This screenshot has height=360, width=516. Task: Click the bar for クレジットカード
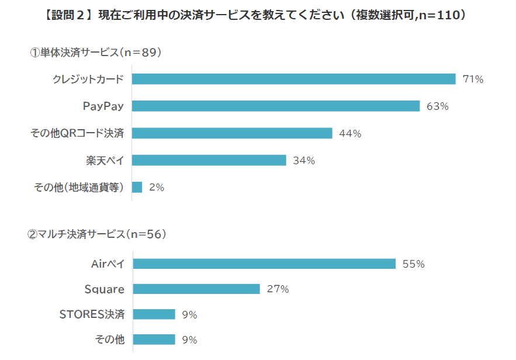click(x=293, y=79)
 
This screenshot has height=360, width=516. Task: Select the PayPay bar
click(x=276, y=106)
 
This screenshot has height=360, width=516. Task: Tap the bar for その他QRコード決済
click(x=232, y=133)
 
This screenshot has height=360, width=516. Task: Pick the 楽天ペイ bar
click(x=209, y=160)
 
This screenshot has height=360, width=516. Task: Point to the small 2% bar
click(x=137, y=187)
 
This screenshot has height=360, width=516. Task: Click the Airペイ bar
click(x=264, y=264)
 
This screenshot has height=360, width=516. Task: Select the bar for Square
click(x=196, y=289)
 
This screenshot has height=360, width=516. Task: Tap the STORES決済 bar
click(x=154, y=314)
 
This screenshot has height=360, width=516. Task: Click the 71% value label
click(x=473, y=79)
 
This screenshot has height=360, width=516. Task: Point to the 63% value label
click(x=437, y=106)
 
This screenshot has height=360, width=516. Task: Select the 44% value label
click(x=350, y=133)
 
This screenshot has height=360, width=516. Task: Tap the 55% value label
click(x=413, y=264)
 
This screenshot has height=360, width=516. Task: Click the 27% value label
click(x=278, y=289)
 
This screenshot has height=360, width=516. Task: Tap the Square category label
click(x=105, y=289)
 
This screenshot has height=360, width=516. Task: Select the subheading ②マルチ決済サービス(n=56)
click(x=98, y=234)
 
